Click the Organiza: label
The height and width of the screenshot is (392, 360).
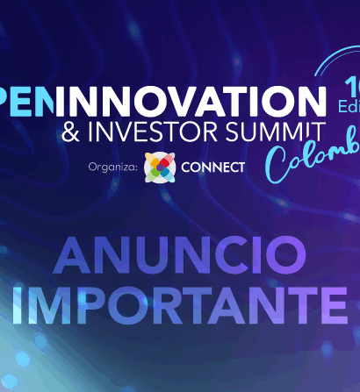(113, 167)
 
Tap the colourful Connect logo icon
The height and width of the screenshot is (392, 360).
(159, 166)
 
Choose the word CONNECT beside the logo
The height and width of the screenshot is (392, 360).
(212, 167)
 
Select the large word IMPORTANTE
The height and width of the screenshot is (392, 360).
(180, 303)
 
